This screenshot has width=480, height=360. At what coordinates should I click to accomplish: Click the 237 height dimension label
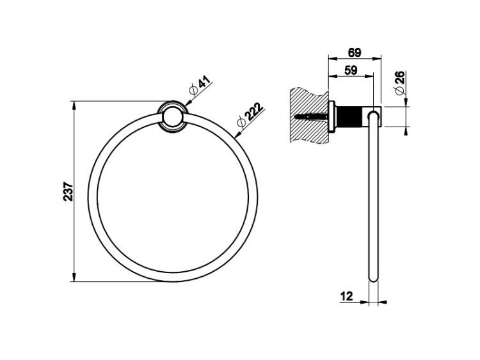(x=68, y=192)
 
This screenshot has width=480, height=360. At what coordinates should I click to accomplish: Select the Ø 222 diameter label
(x=250, y=114)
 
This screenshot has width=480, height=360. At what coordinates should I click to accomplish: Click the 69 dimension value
(x=355, y=52)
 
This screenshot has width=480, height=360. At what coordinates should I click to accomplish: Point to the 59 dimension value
(x=351, y=70)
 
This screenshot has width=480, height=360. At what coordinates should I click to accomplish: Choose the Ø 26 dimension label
(x=400, y=82)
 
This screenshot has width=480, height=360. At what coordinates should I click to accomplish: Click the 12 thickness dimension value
(x=346, y=296)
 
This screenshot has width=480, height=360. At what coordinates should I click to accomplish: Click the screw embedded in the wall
(x=310, y=116)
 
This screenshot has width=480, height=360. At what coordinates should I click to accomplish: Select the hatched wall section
(x=308, y=116)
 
